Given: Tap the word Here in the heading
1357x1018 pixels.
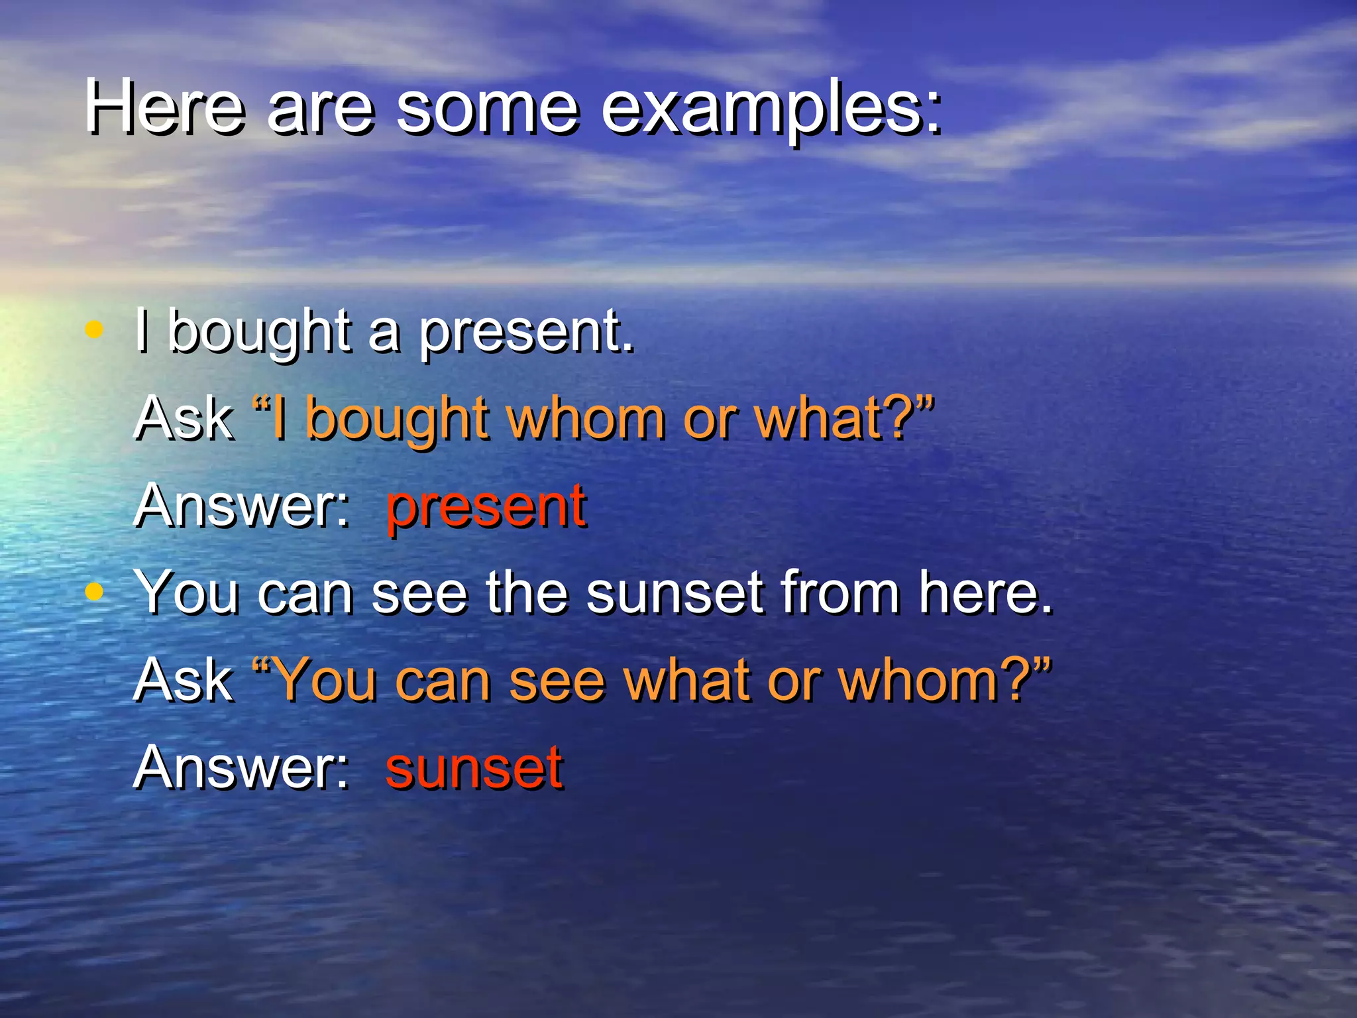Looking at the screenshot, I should pyautogui.click(x=164, y=107).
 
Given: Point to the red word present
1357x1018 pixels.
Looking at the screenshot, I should pyautogui.click(x=486, y=507).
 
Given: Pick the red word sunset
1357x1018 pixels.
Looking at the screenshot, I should pyautogui.click(x=474, y=767).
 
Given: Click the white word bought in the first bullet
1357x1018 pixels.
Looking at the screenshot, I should pyautogui.click(x=259, y=331).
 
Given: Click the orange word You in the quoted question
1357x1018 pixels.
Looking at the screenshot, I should pyautogui.click(x=325, y=681).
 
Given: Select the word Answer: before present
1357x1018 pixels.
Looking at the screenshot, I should pyautogui.click(x=242, y=507).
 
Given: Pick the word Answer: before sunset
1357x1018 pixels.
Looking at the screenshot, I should pyautogui.click(x=242, y=767).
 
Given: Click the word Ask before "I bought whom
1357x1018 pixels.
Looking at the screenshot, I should pyautogui.click(x=184, y=419).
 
